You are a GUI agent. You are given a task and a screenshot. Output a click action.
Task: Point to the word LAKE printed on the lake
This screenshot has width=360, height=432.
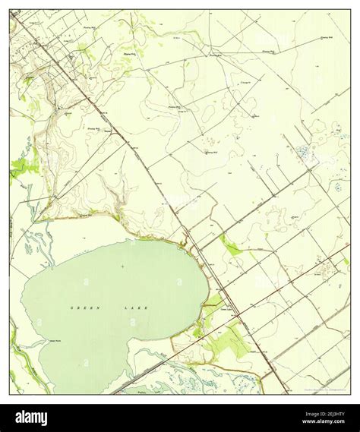pos(137,307)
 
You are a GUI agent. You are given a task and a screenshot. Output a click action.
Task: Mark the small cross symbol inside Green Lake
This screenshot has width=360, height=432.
pos(122,266)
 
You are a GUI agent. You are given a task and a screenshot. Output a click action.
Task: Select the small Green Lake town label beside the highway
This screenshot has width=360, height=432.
pos(226,309)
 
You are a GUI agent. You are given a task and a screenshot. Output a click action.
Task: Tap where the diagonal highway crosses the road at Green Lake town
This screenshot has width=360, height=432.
pos(238,314)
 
